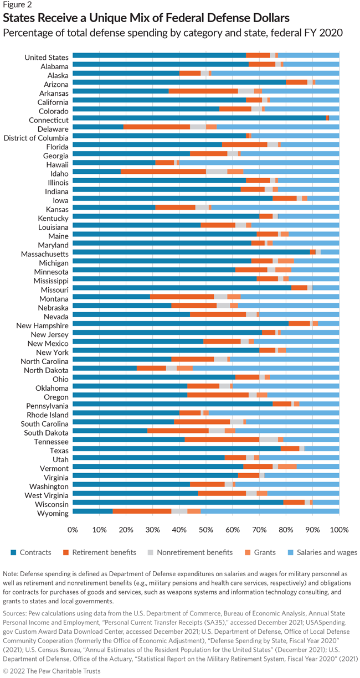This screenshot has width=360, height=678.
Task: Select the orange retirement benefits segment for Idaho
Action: [x=163, y=172]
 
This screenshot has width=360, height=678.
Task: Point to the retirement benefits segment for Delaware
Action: [x=157, y=127]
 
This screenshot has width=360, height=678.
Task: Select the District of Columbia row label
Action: [x=36, y=136]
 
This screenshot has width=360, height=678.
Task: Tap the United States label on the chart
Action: [x=47, y=56]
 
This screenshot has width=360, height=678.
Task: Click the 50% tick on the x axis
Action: [x=206, y=530]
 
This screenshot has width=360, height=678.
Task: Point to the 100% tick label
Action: [x=339, y=530]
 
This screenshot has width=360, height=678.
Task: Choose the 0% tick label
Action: [x=73, y=530]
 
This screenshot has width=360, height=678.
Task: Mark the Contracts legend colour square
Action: [x=14, y=552]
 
